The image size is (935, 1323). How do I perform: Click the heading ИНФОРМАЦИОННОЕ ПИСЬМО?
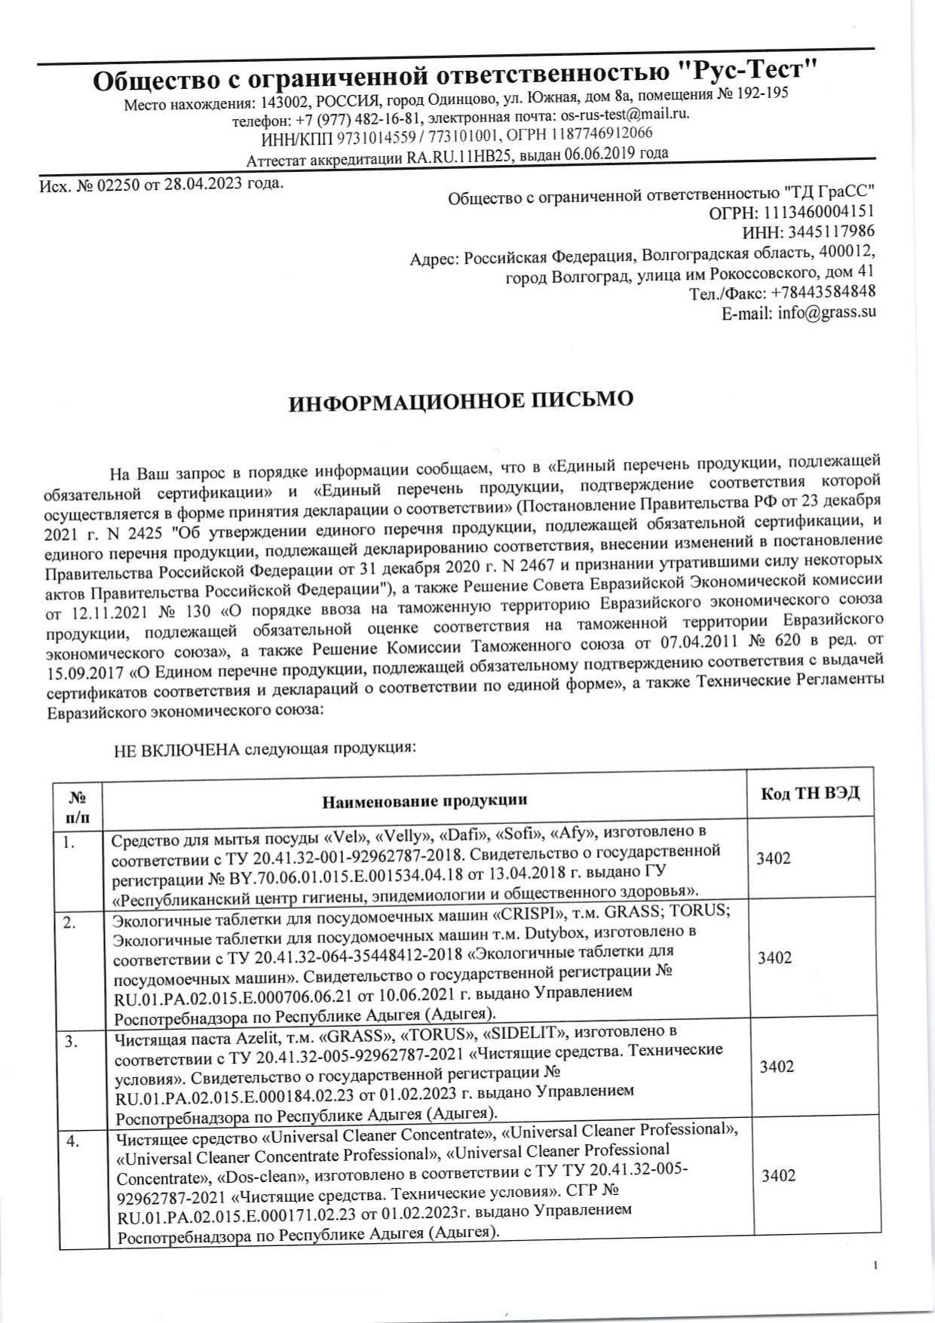coord(461,401)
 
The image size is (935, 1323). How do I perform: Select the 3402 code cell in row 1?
coord(774,859)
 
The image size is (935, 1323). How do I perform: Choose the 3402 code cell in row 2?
coord(774,958)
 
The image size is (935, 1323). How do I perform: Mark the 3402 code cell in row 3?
coord(776,1067)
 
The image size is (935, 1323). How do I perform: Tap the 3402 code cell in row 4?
coord(778,1176)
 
